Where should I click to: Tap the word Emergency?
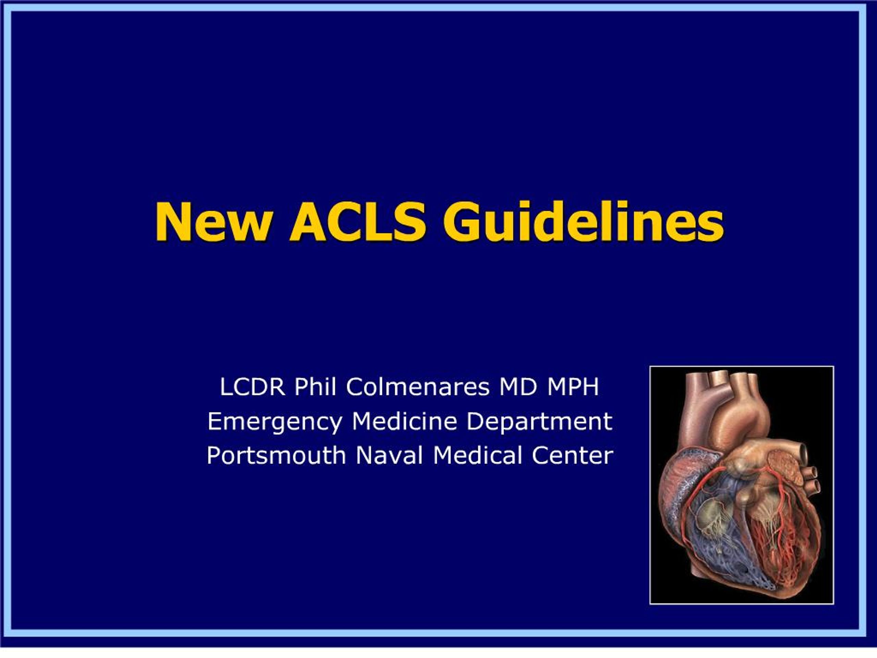coord(275,422)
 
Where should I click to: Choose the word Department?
coord(539,422)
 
